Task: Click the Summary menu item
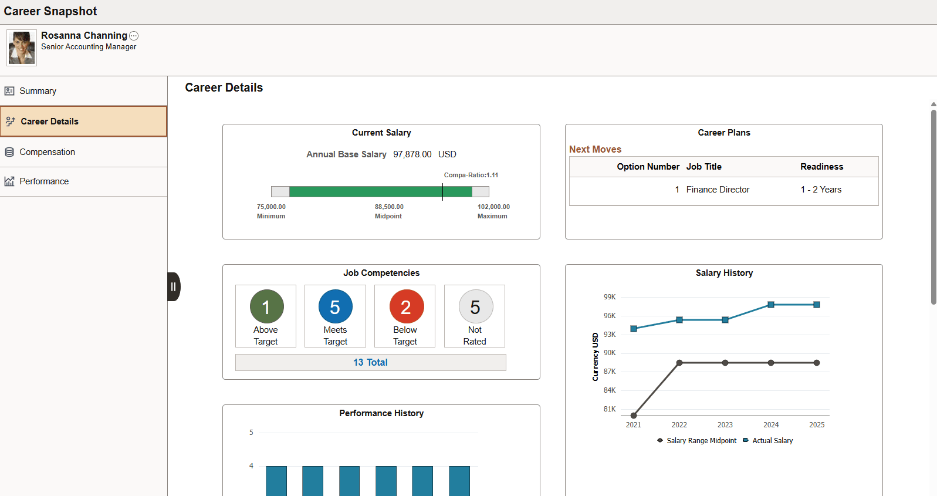38,91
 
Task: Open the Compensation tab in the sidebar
47,152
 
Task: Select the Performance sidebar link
44,181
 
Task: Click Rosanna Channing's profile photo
22,48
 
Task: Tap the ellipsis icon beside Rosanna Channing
134,36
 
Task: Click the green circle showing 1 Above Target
266,306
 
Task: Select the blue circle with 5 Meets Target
336,306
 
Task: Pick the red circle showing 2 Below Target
406,306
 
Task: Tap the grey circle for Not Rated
475,306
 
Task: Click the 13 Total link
370,362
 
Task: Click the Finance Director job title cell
718,190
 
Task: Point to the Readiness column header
821,167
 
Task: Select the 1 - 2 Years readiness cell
821,190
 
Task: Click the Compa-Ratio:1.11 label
471,175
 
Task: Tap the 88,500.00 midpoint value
389,207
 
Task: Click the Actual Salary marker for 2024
771,305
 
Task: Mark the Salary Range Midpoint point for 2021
634,416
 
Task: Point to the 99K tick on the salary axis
610,297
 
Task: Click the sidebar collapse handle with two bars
173,287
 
